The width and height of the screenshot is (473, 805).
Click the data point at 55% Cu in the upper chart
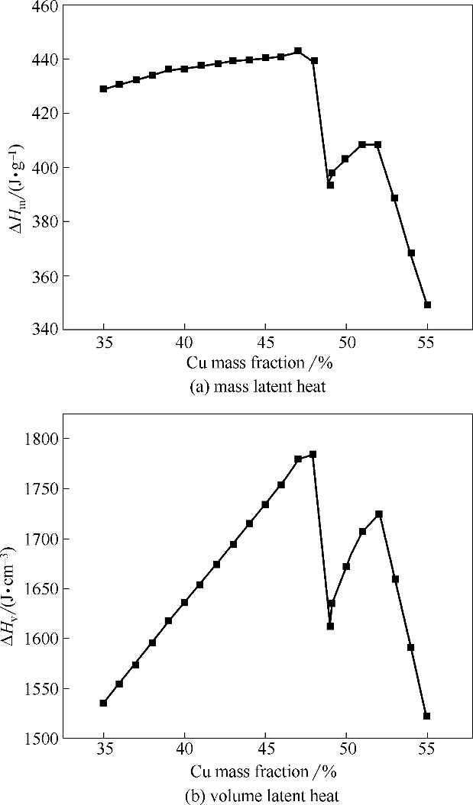tap(427, 304)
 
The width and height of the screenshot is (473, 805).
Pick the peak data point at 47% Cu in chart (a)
tap(298, 51)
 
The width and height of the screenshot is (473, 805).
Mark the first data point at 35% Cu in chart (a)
tap(103, 89)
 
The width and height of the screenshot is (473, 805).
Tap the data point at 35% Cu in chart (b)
tap(103, 703)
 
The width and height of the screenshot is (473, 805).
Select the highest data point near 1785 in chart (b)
tap(313, 454)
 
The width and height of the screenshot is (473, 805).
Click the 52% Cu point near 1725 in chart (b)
tap(378, 514)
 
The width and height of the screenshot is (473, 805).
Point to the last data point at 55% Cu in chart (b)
tap(426, 716)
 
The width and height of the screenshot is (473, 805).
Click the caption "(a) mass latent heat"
tap(258, 387)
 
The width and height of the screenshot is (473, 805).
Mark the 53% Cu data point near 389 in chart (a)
tap(394, 198)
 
